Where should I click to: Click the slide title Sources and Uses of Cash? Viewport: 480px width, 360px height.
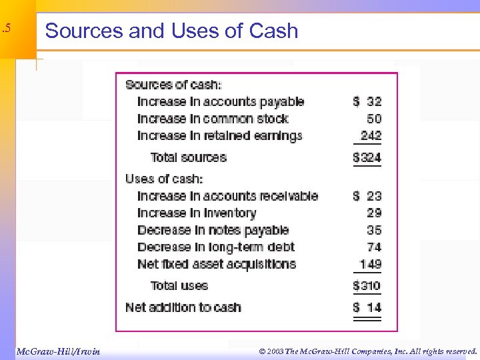pos(171,31)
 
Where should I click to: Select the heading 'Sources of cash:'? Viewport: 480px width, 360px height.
pos(174,85)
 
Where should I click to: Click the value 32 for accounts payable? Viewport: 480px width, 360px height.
pos(374,101)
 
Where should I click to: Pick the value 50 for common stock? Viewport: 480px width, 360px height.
pos(374,119)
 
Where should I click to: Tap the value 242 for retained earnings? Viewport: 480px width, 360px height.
pos(371,136)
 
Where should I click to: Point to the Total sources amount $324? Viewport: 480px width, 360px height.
pos(367,158)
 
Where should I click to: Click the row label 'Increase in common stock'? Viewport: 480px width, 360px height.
pos(213,119)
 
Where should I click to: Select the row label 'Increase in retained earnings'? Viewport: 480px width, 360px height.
pos(219,136)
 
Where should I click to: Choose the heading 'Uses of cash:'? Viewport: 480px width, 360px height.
pos(164,179)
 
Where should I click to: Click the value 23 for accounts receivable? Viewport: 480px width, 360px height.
pos(374,196)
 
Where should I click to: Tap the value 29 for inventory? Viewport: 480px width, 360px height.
pos(374,213)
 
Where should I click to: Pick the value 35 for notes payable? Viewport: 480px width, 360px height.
pos(374,230)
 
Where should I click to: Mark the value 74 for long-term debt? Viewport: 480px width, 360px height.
pos(374,247)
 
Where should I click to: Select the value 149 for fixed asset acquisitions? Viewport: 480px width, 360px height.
pos(371,264)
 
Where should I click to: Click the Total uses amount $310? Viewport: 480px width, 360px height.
pos(367,286)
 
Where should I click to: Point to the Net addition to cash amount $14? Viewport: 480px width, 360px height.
pos(367,307)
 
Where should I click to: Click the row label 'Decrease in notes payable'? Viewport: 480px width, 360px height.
pos(213,230)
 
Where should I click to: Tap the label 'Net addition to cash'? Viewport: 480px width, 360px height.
pos(183,307)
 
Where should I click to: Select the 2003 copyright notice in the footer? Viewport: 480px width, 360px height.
pos(369,351)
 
